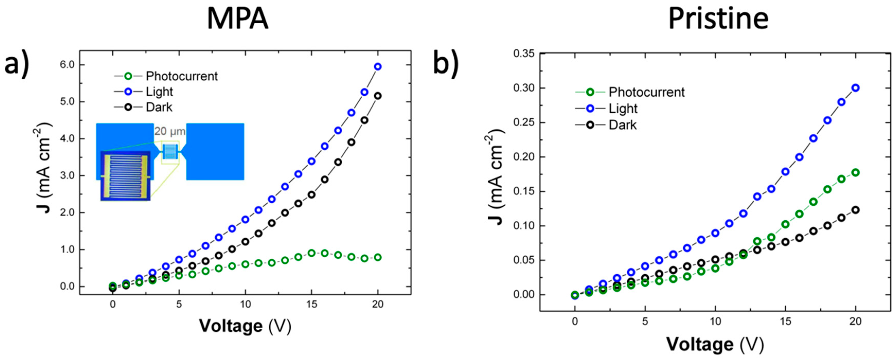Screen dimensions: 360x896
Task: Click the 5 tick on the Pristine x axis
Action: click(x=645, y=321)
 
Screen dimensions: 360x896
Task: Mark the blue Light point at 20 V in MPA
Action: click(x=378, y=66)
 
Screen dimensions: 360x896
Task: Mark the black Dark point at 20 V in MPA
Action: click(x=378, y=96)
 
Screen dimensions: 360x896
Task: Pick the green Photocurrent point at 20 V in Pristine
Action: click(x=856, y=173)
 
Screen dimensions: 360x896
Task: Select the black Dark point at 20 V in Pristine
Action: click(x=856, y=210)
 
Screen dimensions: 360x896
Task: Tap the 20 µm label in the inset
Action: click(x=170, y=131)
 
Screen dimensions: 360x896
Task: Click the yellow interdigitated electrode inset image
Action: click(x=125, y=176)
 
